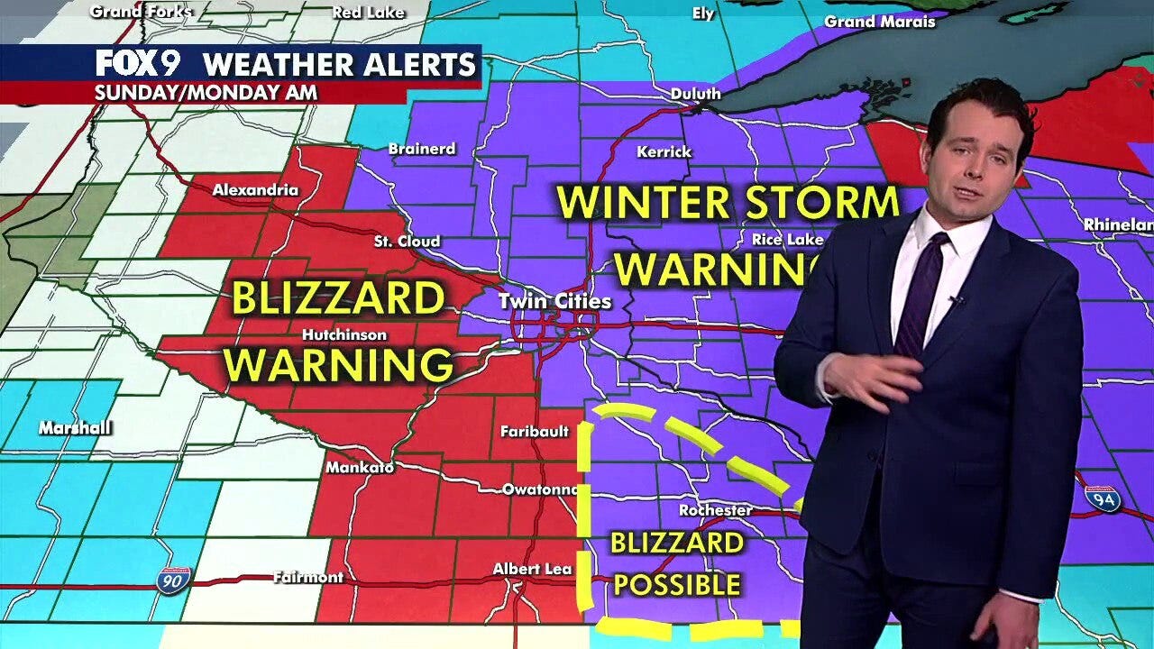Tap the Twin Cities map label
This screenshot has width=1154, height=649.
click(x=555, y=302)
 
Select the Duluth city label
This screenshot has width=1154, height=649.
click(x=695, y=94)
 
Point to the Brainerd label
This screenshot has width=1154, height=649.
click(x=421, y=149)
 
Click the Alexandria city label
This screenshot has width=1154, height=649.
click(x=255, y=190)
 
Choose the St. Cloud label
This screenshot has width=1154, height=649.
click(x=407, y=242)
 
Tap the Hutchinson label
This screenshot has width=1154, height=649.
click(x=344, y=335)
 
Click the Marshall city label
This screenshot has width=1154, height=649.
click(x=75, y=428)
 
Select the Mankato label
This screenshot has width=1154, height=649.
click(x=360, y=468)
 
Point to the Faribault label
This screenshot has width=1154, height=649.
click(x=535, y=432)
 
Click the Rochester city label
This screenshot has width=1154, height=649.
click(x=715, y=510)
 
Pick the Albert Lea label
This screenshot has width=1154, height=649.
click(x=532, y=570)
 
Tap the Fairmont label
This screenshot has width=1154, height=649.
click(x=308, y=577)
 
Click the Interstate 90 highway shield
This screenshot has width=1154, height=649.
click(x=174, y=580)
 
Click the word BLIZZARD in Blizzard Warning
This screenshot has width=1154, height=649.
click(x=338, y=299)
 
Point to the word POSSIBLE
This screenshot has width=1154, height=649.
click(x=676, y=585)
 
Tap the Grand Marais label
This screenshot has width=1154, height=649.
click(x=880, y=22)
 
